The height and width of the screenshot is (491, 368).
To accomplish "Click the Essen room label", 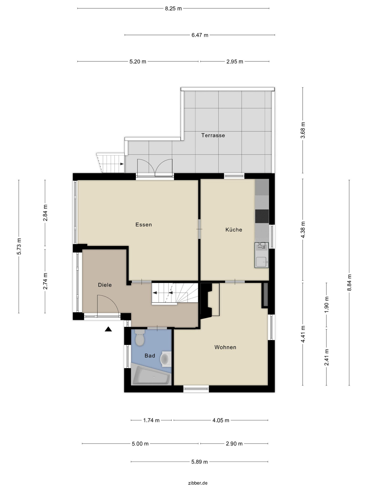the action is pos(144,224).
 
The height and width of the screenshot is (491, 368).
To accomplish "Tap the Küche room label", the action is pos(234,229).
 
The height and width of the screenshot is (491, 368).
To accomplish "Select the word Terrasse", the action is pos(213,135).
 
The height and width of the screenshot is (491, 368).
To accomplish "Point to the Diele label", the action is pos(105,285).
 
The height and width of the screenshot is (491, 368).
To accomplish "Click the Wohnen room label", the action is pos(225,347).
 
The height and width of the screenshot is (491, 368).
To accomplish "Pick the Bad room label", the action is pos(150,355).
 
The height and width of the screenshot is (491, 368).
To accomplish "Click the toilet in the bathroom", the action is pos(140,338).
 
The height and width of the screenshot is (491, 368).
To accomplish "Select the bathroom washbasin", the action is pos(166,359).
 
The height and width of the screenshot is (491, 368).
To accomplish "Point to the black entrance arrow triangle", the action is pos(108,329).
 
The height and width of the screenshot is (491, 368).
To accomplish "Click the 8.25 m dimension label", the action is pos(173,8).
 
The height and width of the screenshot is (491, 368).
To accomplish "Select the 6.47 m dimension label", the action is pos(200,35).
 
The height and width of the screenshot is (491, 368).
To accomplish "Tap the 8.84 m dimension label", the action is pos(349,283).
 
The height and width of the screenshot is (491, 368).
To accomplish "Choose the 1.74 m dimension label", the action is pos(151,420).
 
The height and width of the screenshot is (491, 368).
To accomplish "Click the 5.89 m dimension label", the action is pos(199,462).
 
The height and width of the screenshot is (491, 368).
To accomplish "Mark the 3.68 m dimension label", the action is pos(303,130).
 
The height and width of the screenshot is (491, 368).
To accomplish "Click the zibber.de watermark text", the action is pos(198,483).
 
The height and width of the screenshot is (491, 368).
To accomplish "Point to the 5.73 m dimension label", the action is pos(19,246).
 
